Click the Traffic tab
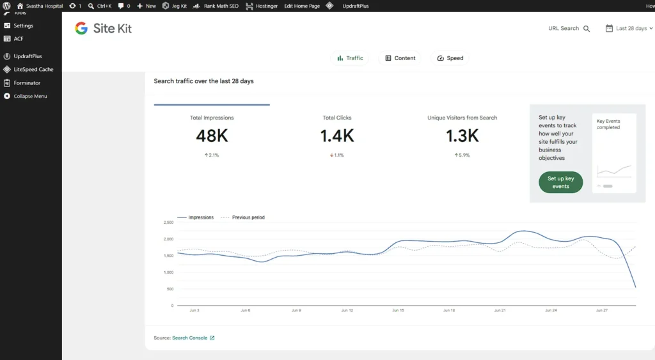(x=350, y=58)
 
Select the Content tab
(x=400, y=58)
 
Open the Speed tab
(x=450, y=58)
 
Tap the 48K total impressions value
(x=212, y=136)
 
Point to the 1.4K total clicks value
(x=337, y=136)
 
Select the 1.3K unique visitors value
(x=462, y=136)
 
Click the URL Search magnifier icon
(x=587, y=29)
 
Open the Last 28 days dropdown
(x=629, y=28)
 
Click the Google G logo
(x=81, y=28)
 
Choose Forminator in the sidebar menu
(x=27, y=82)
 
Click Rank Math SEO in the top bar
(x=216, y=6)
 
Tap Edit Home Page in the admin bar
(x=302, y=6)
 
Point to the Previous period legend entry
(x=242, y=217)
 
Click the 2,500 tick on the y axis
(x=168, y=223)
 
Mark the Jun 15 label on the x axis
(x=398, y=310)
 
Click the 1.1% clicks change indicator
(x=336, y=155)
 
